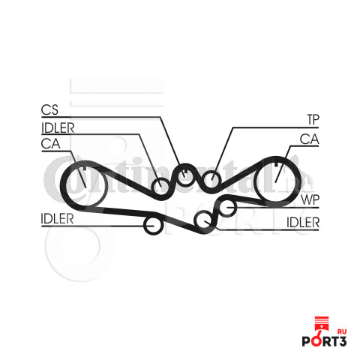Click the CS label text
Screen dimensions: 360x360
pos(49,109)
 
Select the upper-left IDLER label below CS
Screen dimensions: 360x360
pos(58,128)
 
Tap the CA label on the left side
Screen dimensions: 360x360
pos(50,144)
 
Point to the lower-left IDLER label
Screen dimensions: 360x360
pos(57,219)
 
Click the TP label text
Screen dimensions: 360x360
pos(313,119)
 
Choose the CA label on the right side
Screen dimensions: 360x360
pos(310,139)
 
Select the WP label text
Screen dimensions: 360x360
pos(310,199)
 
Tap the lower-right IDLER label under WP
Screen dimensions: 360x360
pos(303,222)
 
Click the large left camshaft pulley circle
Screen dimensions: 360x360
pos(65,186)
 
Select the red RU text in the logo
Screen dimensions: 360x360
pos(342,331)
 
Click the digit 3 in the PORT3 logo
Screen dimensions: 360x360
pos(342,341)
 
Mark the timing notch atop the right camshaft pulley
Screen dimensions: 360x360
pos(276,164)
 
